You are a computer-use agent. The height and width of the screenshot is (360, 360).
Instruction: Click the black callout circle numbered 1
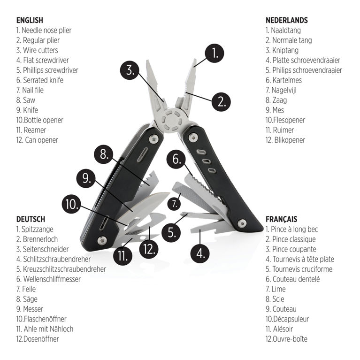(x=215, y=54)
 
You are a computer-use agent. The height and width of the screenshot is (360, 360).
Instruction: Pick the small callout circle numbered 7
(x=174, y=204)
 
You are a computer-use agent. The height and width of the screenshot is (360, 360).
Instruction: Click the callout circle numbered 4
(x=201, y=254)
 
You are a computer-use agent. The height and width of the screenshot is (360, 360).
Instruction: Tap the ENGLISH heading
(x=30, y=20)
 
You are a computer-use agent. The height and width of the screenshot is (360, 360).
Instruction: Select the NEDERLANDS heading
(x=286, y=20)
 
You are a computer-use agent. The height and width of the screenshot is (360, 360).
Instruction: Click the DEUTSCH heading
(x=31, y=219)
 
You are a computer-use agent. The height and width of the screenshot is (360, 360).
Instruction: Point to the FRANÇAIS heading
(x=281, y=219)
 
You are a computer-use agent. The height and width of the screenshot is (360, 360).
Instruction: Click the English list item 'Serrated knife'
(x=40, y=80)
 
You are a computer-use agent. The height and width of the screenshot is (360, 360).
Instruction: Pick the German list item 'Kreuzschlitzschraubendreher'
(x=61, y=269)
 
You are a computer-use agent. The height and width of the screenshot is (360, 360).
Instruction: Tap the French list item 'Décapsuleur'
(x=287, y=319)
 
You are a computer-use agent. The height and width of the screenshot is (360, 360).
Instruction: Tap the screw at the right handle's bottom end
(x=242, y=222)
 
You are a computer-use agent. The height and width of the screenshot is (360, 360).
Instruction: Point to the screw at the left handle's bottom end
(x=100, y=240)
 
